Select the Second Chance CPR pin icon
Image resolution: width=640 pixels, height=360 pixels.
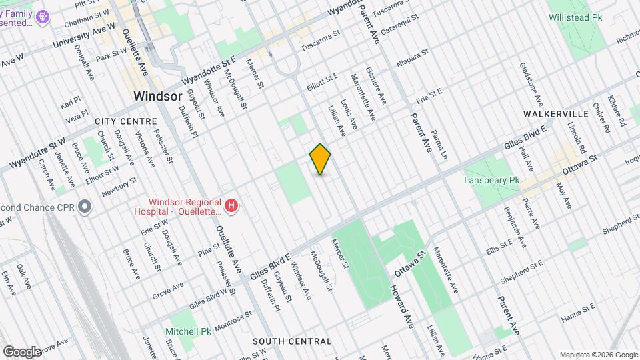tap(84, 207)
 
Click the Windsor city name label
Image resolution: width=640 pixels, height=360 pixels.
tap(157, 96)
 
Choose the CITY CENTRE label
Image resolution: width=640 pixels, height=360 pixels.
tap(126, 121)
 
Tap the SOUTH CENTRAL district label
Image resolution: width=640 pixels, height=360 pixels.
tap(292, 341)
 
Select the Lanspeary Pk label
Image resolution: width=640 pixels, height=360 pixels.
tap(491, 181)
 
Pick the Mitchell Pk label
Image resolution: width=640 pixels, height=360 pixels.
tap(189, 331)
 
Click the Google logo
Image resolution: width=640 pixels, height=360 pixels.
tap(21, 351)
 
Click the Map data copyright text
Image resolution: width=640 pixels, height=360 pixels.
tap(599, 354)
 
